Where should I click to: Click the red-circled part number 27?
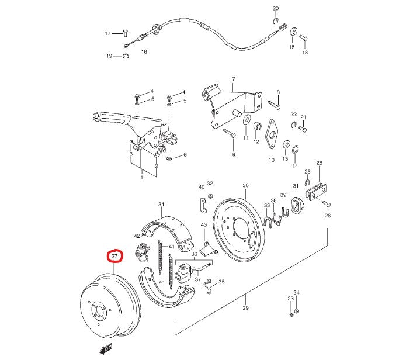114,256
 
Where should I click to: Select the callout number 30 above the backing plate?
245,185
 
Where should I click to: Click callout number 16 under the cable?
144,51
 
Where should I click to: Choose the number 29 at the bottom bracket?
246,308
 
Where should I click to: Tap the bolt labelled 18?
303,38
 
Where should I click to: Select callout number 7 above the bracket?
232,79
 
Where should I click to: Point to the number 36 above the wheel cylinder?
202,254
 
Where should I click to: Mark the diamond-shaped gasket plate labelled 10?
271,134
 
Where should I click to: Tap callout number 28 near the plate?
319,163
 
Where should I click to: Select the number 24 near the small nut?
296,293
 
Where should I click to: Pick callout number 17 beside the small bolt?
107,33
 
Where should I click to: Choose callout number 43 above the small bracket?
204,225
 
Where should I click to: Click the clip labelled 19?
125,56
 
